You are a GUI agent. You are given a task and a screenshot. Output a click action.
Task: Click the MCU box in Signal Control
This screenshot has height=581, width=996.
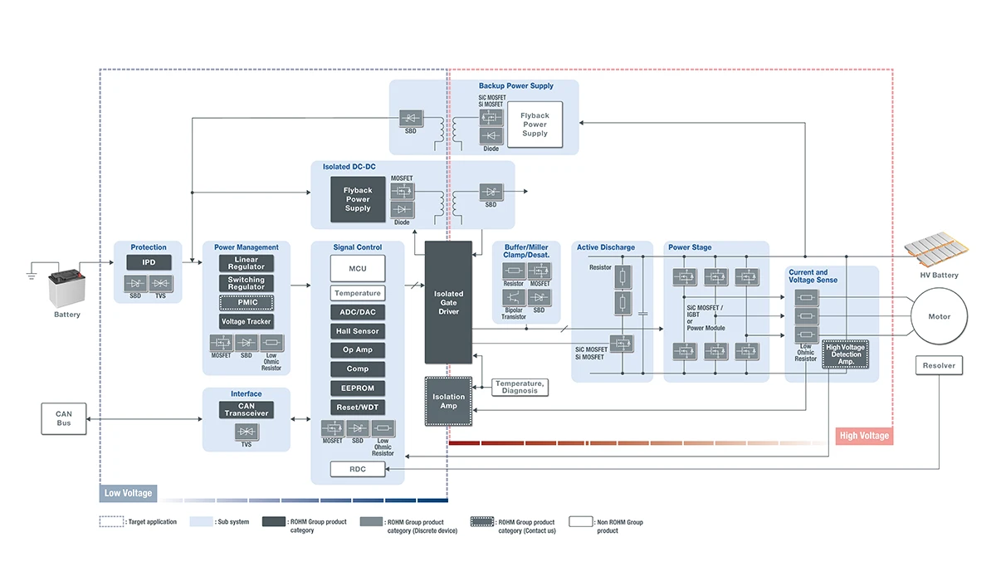357,268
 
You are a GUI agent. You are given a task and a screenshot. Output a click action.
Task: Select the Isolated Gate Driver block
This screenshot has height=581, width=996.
448,303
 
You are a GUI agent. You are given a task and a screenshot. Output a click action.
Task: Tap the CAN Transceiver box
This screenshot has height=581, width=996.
247,410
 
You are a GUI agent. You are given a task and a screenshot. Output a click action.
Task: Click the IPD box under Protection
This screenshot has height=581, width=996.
149,262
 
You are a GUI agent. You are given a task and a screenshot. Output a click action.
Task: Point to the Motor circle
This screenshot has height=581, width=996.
939,316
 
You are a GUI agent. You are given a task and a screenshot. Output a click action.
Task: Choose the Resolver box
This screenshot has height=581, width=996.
939,365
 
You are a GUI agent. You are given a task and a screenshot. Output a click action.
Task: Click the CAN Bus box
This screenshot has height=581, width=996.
64,418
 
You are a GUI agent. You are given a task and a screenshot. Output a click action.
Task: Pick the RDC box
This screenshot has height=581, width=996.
357,469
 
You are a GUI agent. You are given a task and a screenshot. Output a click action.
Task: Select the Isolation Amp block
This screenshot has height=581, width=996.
448,402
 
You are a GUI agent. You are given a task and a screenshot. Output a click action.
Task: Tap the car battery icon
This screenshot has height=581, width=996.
66,287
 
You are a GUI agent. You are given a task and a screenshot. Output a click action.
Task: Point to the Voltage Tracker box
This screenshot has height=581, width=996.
247,321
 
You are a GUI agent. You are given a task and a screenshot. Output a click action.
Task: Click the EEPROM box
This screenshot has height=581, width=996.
357,388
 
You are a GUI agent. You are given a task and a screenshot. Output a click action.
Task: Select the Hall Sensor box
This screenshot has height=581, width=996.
357,331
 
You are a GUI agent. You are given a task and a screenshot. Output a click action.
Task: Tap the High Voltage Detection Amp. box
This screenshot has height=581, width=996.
845,354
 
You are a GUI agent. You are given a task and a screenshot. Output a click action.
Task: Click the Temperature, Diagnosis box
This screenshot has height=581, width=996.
520,387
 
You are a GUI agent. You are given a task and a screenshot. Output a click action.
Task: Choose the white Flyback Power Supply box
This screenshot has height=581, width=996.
535,124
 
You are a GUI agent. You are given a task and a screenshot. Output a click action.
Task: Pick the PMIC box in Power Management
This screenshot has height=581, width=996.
247,302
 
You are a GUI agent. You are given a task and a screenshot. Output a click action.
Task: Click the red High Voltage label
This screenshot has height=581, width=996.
864,436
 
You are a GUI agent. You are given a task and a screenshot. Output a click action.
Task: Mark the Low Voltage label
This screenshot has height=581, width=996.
127,493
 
